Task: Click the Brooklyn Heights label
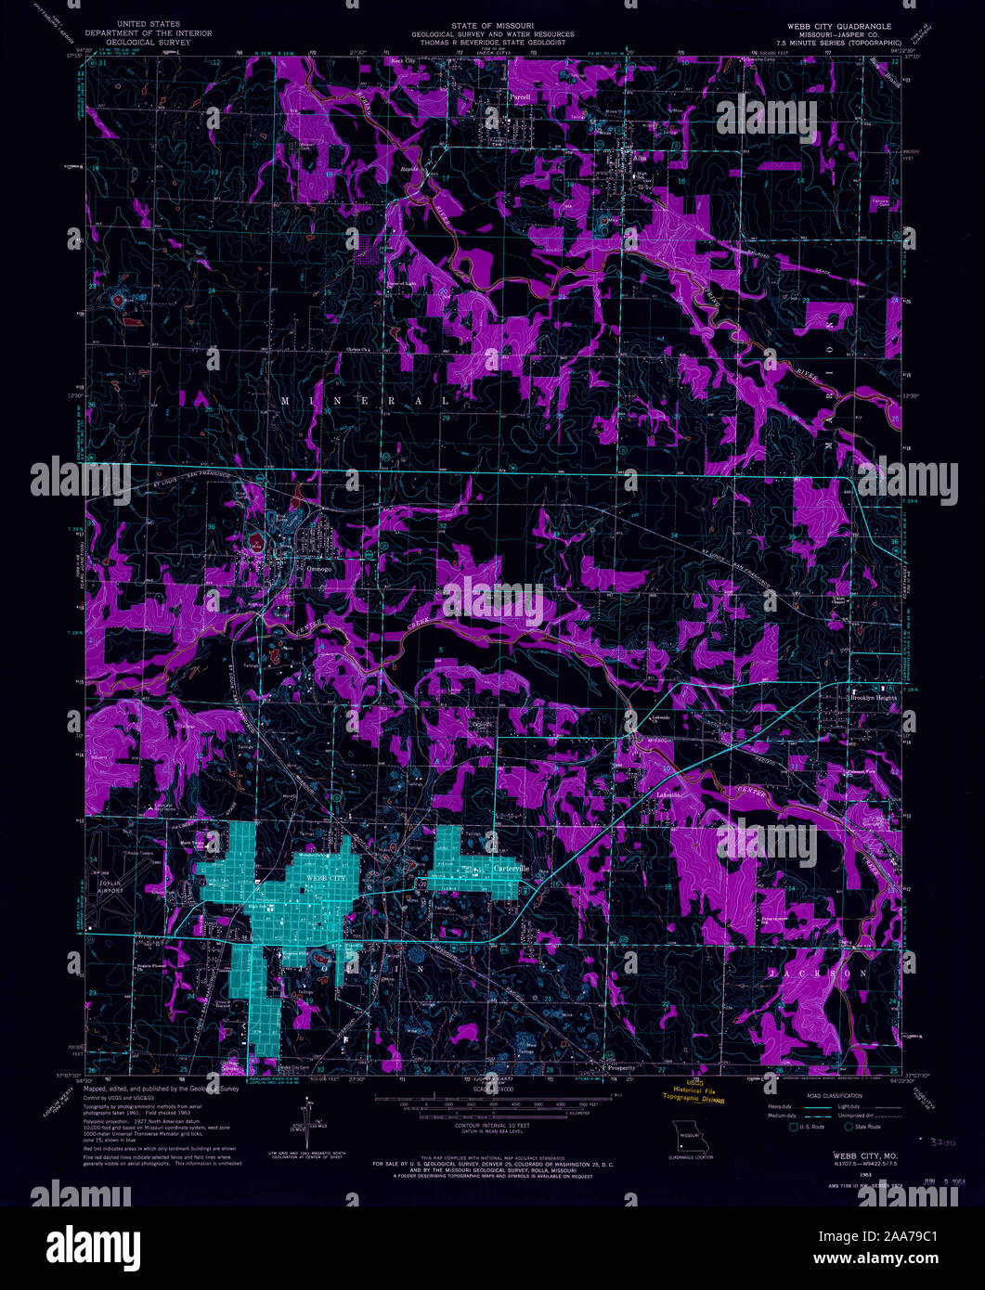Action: (x=874, y=697)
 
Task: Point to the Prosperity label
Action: (x=621, y=1068)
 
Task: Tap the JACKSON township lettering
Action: (x=817, y=974)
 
